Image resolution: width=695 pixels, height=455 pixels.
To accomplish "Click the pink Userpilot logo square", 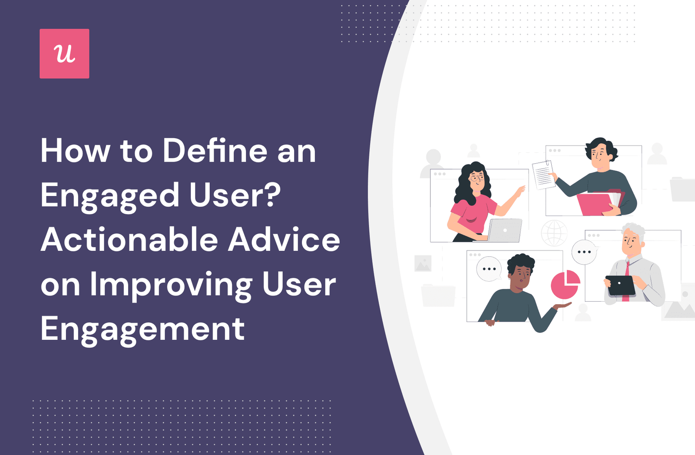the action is click(64, 53).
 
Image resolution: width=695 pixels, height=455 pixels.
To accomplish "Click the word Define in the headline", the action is click(215, 151).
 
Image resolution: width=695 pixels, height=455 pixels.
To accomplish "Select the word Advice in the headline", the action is click(284, 240).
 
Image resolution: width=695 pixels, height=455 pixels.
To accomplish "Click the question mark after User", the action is click(273, 195).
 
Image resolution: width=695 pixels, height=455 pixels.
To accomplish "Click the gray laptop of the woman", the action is click(505, 230).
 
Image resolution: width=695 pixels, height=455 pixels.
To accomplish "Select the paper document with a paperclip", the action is click(543, 174).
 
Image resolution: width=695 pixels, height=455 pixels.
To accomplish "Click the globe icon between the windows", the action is click(554, 233).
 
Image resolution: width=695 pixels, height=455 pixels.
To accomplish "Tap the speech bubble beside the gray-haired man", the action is click(585, 252).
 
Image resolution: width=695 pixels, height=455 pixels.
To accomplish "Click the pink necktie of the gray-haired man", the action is click(626, 281).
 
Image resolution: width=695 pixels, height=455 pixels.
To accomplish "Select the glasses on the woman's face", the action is click(477, 178).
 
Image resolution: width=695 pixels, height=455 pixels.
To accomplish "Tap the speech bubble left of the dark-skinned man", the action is click(489, 269).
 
